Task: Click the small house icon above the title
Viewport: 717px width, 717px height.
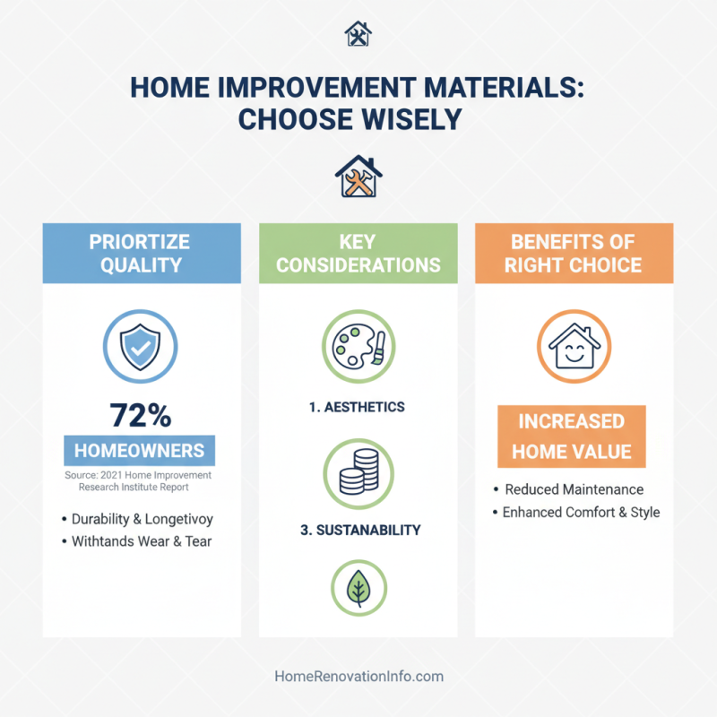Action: [x=358, y=35]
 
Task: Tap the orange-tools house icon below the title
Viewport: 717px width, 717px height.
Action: [x=358, y=176]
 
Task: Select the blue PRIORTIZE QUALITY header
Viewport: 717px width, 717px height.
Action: [x=142, y=253]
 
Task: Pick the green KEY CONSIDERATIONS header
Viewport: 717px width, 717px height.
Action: [x=358, y=253]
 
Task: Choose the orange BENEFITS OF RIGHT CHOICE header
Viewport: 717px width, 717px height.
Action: [x=574, y=253]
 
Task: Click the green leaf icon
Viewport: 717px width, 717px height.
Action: [x=358, y=588]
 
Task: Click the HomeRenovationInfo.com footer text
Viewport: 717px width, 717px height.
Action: [x=358, y=677]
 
